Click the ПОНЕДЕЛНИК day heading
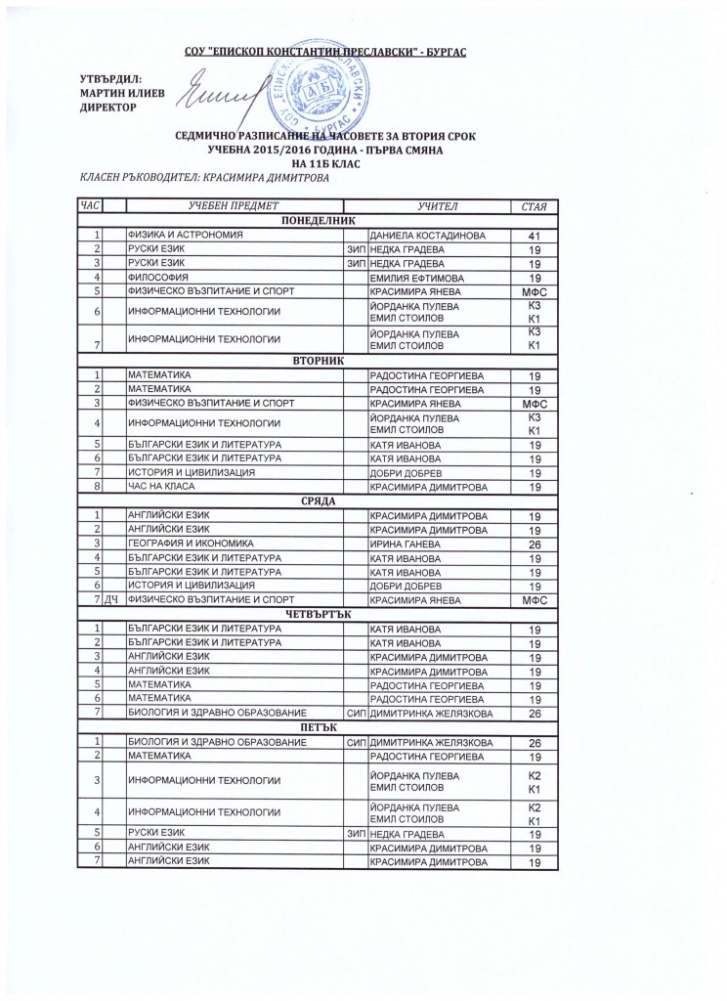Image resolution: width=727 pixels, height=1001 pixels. coord(318,222)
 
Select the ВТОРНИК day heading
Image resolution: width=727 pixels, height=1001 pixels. coord(318,361)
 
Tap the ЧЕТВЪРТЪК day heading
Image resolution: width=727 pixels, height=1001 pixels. coord(318,614)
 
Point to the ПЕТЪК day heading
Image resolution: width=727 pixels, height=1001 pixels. coord(318,728)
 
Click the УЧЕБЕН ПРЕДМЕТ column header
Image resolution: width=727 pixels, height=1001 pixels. coord(235,206)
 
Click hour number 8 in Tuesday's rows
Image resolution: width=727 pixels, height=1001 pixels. coord(98,487)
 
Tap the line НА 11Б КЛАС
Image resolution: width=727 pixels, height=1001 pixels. coord(318,164)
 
